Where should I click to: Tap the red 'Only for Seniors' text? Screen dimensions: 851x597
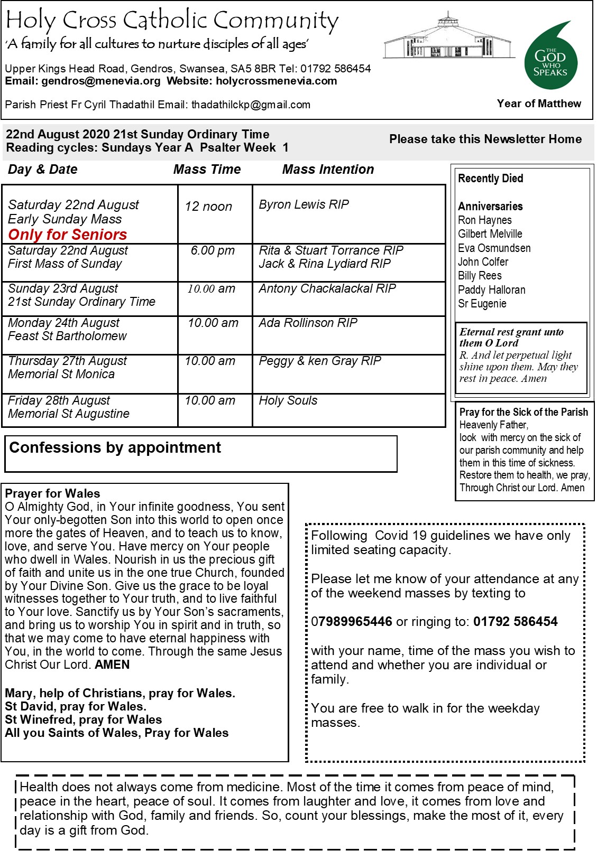point(68,235)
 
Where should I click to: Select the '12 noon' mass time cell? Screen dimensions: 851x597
point(208,207)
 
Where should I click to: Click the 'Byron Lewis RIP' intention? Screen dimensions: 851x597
point(304,204)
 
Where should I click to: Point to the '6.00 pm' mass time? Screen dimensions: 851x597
point(213,250)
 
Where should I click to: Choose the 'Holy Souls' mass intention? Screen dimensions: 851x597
point(288,400)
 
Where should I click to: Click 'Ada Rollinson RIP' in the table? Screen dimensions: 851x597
point(308,323)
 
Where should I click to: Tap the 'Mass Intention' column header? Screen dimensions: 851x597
point(328,170)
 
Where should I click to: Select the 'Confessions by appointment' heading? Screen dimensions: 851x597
point(115,448)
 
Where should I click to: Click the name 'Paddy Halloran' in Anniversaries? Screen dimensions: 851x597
point(492,289)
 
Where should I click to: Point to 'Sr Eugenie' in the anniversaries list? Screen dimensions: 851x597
point(482,304)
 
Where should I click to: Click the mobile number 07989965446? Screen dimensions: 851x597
point(352,622)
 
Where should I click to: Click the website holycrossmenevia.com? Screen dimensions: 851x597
point(277,81)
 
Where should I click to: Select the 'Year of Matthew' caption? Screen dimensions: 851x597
point(539,104)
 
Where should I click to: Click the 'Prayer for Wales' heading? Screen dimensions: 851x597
point(52,493)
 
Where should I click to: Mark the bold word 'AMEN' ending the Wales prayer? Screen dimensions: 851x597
point(112,665)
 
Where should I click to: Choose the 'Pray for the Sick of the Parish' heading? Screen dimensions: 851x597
point(523,412)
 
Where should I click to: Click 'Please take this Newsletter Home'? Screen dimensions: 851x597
point(485,139)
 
